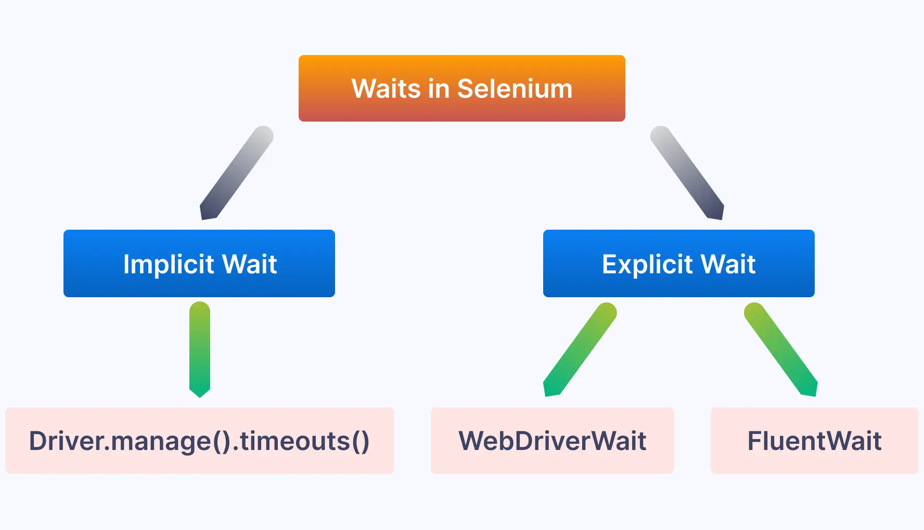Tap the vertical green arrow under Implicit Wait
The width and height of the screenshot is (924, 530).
tap(200, 348)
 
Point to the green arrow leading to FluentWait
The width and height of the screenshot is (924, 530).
tap(780, 349)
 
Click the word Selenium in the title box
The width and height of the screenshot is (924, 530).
tap(515, 88)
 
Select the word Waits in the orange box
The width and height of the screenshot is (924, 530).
tap(386, 88)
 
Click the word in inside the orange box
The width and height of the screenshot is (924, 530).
tap(439, 88)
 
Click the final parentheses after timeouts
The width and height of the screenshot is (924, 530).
tap(361, 441)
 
